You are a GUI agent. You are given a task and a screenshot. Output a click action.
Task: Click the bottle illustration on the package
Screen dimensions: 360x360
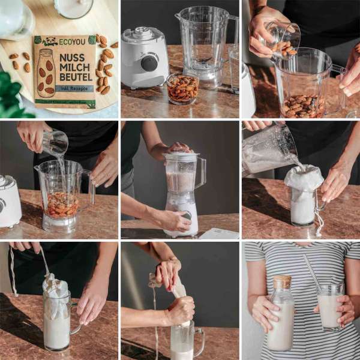tap(46, 73)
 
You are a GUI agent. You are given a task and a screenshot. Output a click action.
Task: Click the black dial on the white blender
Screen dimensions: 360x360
tap(149, 63)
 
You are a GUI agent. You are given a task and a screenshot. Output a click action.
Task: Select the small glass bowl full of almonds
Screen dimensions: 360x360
tap(183, 88)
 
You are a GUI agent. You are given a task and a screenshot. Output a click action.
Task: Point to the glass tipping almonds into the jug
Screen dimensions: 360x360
tap(282, 37)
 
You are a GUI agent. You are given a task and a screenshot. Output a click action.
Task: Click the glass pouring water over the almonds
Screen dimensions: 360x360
tap(55, 143)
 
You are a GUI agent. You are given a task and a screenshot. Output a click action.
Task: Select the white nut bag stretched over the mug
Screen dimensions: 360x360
tap(304, 179)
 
